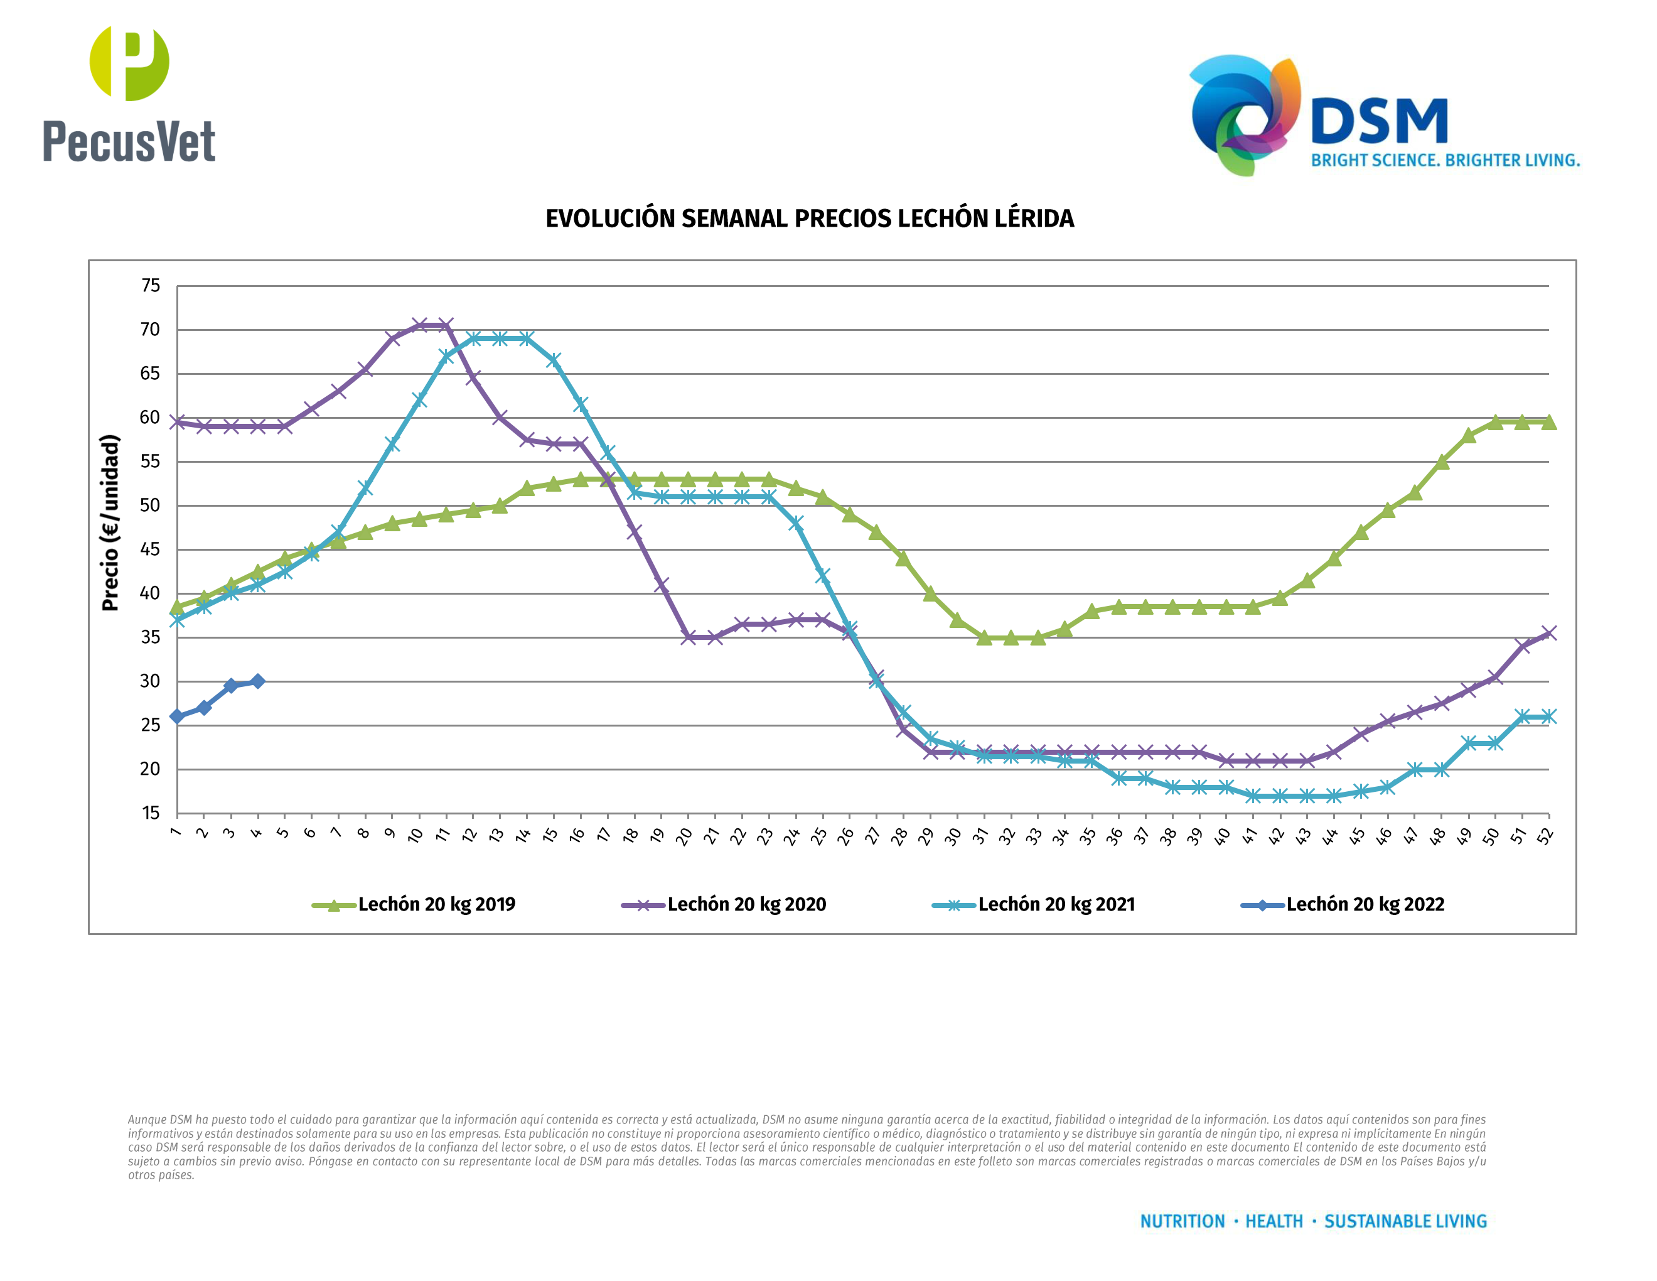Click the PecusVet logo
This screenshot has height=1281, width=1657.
point(129,95)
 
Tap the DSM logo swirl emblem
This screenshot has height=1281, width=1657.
point(1244,114)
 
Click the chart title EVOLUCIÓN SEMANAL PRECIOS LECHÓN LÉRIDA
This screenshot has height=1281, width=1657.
point(810,219)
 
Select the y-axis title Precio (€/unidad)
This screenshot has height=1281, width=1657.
point(110,522)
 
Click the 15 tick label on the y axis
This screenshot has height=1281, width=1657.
point(151,813)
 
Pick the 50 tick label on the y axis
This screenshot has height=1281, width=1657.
point(151,505)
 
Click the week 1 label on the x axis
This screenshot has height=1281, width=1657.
point(175,833)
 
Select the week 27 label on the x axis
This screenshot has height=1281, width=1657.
point(872,836)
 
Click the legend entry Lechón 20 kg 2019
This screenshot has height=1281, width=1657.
point(436,905)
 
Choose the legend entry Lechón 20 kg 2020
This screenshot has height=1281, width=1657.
point(746,905)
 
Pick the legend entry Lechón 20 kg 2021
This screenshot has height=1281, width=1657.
point(1056,905)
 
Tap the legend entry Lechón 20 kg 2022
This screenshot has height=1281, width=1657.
point(1365,905)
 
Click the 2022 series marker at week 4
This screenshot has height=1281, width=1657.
point(258,681)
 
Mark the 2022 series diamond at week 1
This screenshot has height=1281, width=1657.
point(177,716)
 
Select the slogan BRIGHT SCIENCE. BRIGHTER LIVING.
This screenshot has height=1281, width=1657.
point(1445,161)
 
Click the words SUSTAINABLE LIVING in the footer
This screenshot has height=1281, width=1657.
point(1405,1222)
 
